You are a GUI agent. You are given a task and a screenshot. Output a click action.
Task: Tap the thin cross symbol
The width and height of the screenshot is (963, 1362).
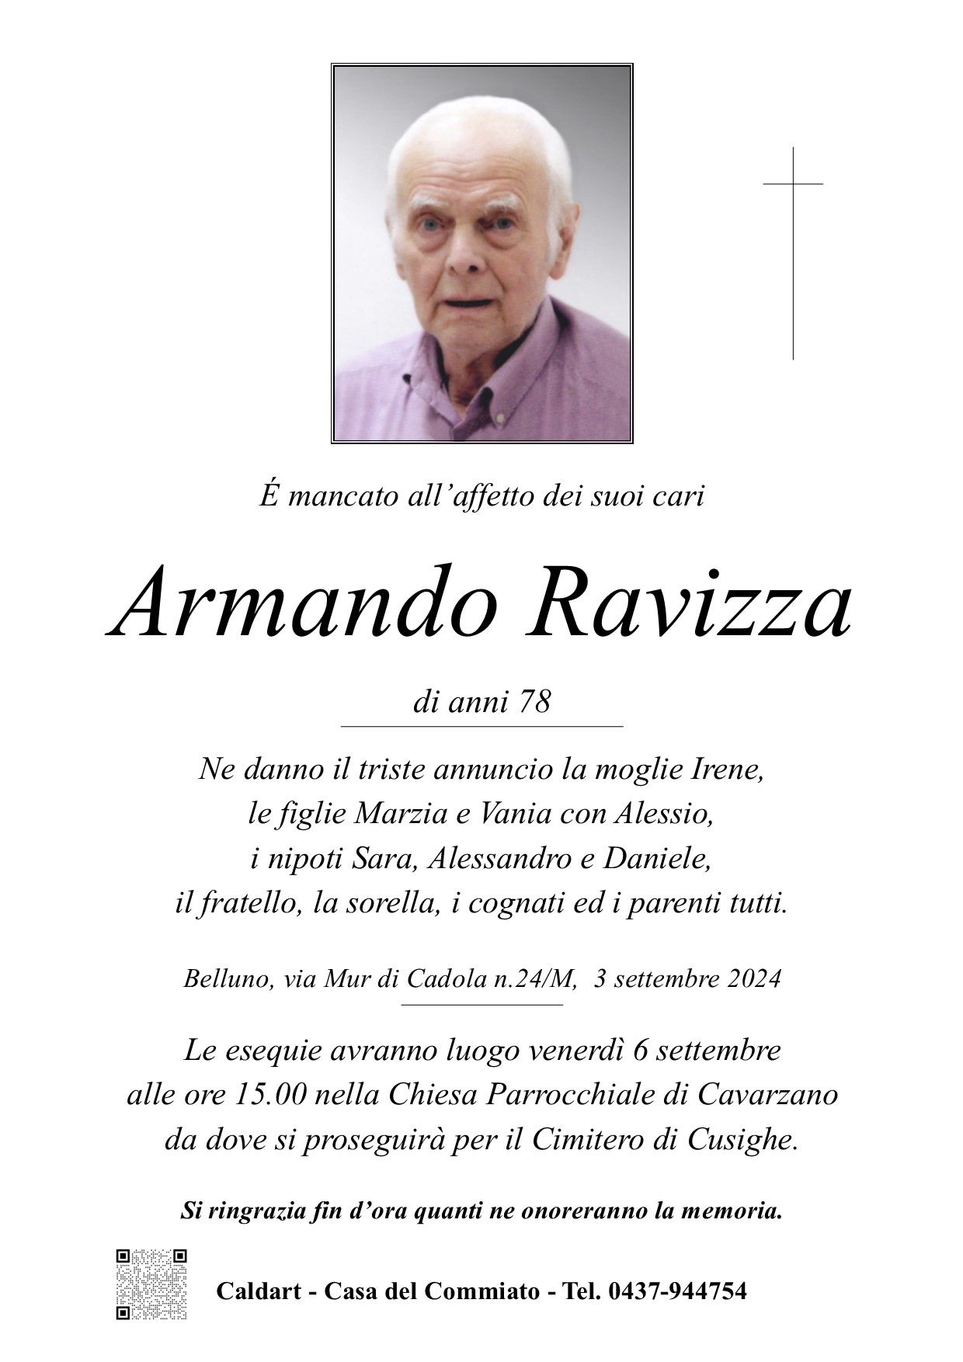click(793, 252)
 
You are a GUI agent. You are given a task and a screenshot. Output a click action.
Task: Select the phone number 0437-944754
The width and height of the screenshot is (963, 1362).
click(678, 1291)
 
